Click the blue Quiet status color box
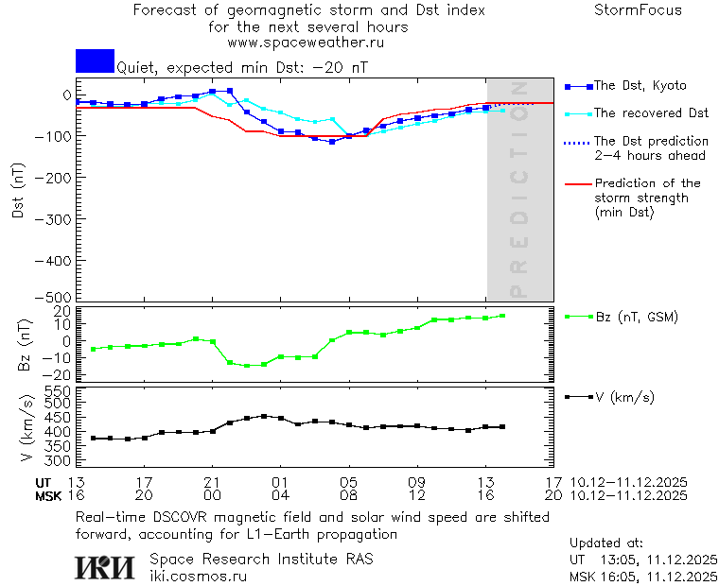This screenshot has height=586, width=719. [x=95, y=60]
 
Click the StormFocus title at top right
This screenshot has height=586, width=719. [x=638, y=10]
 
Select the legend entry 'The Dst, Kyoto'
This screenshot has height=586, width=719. [x=640, y=86]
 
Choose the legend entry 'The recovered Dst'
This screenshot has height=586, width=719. [x=651, y=113]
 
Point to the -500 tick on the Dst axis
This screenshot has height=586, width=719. [x=59, y=296]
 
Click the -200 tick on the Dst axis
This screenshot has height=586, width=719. [x=59, y=177]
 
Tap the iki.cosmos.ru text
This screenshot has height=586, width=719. [x=198, y=576]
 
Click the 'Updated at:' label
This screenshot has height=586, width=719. [x=606, y=543]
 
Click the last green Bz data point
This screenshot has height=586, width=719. [x=502, y=316]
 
